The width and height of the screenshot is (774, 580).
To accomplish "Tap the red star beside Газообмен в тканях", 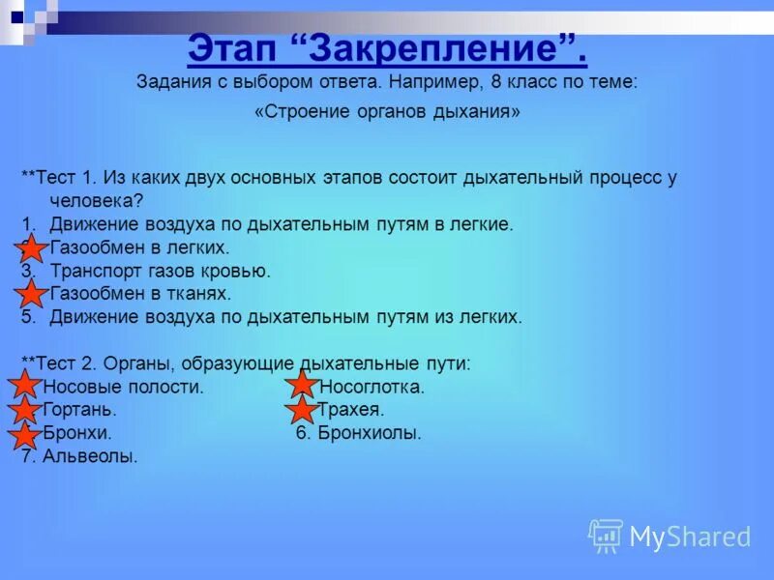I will (x=31, y=294).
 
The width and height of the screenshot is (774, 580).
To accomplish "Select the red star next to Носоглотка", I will (x=303, y=387).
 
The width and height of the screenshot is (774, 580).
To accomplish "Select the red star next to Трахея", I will (x=303, y=411).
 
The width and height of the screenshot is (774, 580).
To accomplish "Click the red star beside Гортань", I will (x=25, y=411).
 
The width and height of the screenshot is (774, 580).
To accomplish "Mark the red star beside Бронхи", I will (x=25, y=434).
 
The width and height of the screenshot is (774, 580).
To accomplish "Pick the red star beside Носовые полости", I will (x=25, y=387).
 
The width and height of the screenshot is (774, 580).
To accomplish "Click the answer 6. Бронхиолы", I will (x=358, y=434).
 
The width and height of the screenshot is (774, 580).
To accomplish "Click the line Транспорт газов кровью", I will (x=160, y=272).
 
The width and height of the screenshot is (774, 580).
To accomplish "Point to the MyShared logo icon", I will (x=606, y=536).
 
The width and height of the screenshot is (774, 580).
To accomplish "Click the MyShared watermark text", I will (x=690, y=537).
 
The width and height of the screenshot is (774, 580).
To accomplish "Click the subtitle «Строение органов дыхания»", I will (x=387, y=112).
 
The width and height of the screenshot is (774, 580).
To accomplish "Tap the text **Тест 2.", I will (x=60, y=363).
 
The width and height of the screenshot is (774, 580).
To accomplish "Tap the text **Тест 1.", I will (x=60, y=178).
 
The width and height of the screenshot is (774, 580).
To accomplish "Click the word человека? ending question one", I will (x=97, y=201).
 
